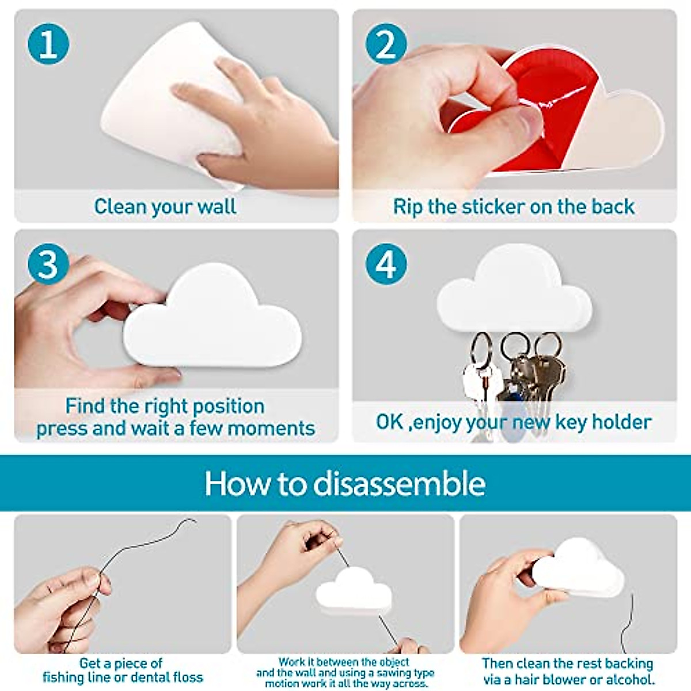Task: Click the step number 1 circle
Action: coord(48,44)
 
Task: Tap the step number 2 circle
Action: coord(386,44)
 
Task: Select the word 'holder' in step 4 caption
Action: coord(621,422)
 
